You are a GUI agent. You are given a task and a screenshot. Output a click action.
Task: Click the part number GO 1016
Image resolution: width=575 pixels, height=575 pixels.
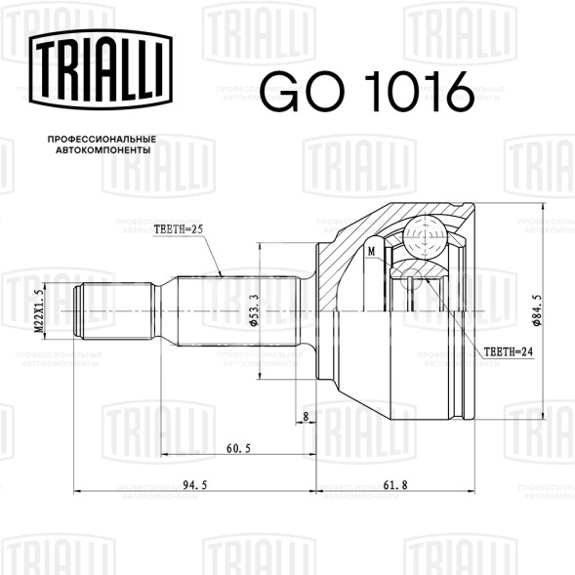pos(367,92)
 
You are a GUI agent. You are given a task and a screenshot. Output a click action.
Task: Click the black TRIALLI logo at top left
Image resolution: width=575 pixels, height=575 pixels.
pos(101,69)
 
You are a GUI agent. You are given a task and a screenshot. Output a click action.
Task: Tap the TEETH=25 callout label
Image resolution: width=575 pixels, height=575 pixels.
pos(179,229)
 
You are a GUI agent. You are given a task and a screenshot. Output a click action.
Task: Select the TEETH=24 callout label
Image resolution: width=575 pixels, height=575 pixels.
pos(509,351)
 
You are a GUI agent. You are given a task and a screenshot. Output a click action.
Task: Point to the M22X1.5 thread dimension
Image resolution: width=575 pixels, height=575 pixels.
pos(39,311)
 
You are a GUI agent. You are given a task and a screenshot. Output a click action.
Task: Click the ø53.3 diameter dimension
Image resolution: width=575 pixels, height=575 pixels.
pos(254,309)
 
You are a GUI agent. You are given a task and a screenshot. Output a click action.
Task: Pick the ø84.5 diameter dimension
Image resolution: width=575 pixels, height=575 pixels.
pos(536,309)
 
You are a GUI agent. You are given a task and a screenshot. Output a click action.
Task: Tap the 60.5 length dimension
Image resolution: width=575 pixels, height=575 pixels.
pos(238,448)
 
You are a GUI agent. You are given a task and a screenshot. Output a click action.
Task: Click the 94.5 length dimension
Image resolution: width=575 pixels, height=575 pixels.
pos(195,485)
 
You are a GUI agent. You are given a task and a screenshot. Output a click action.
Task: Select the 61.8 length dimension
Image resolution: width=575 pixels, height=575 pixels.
pos(395,485)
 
